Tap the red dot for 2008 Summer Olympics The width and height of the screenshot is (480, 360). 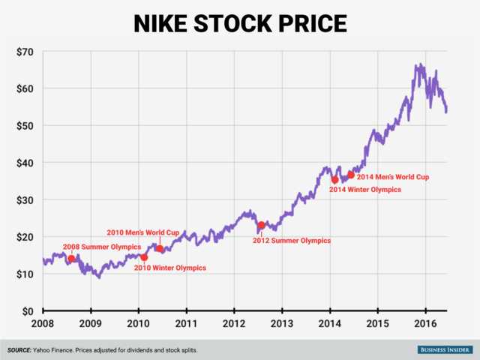point(71,259)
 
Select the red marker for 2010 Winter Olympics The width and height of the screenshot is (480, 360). point(144,257)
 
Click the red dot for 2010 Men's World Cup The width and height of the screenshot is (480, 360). point(160,249)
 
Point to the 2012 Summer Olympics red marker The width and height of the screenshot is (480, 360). point(261,225)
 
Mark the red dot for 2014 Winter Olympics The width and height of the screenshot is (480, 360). point(335,179)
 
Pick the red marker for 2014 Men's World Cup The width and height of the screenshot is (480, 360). point(351,175)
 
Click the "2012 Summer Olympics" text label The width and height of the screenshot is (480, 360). point(291,241)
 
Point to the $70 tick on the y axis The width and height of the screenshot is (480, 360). point(22,52)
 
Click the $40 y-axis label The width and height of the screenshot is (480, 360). point(22,163)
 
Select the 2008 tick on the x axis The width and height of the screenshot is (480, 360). point(43,325)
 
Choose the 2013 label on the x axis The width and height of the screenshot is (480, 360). point(282,325)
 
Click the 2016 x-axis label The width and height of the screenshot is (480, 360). point(425,325)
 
